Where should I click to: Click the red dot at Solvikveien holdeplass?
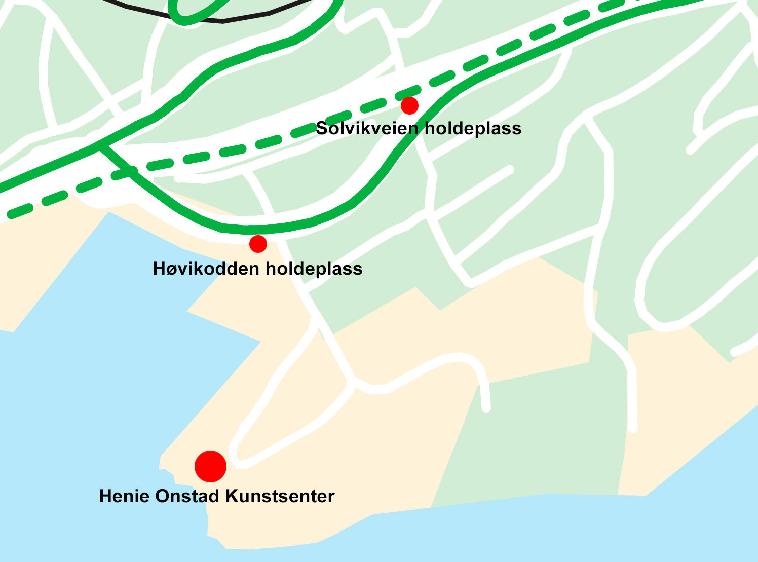409,105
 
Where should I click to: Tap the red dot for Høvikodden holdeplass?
258,244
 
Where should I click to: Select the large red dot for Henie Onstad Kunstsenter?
210,466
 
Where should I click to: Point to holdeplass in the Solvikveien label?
472,128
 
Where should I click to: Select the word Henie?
125,496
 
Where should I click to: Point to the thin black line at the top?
223,21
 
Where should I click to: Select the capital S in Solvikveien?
321,128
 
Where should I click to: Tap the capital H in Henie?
105,496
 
